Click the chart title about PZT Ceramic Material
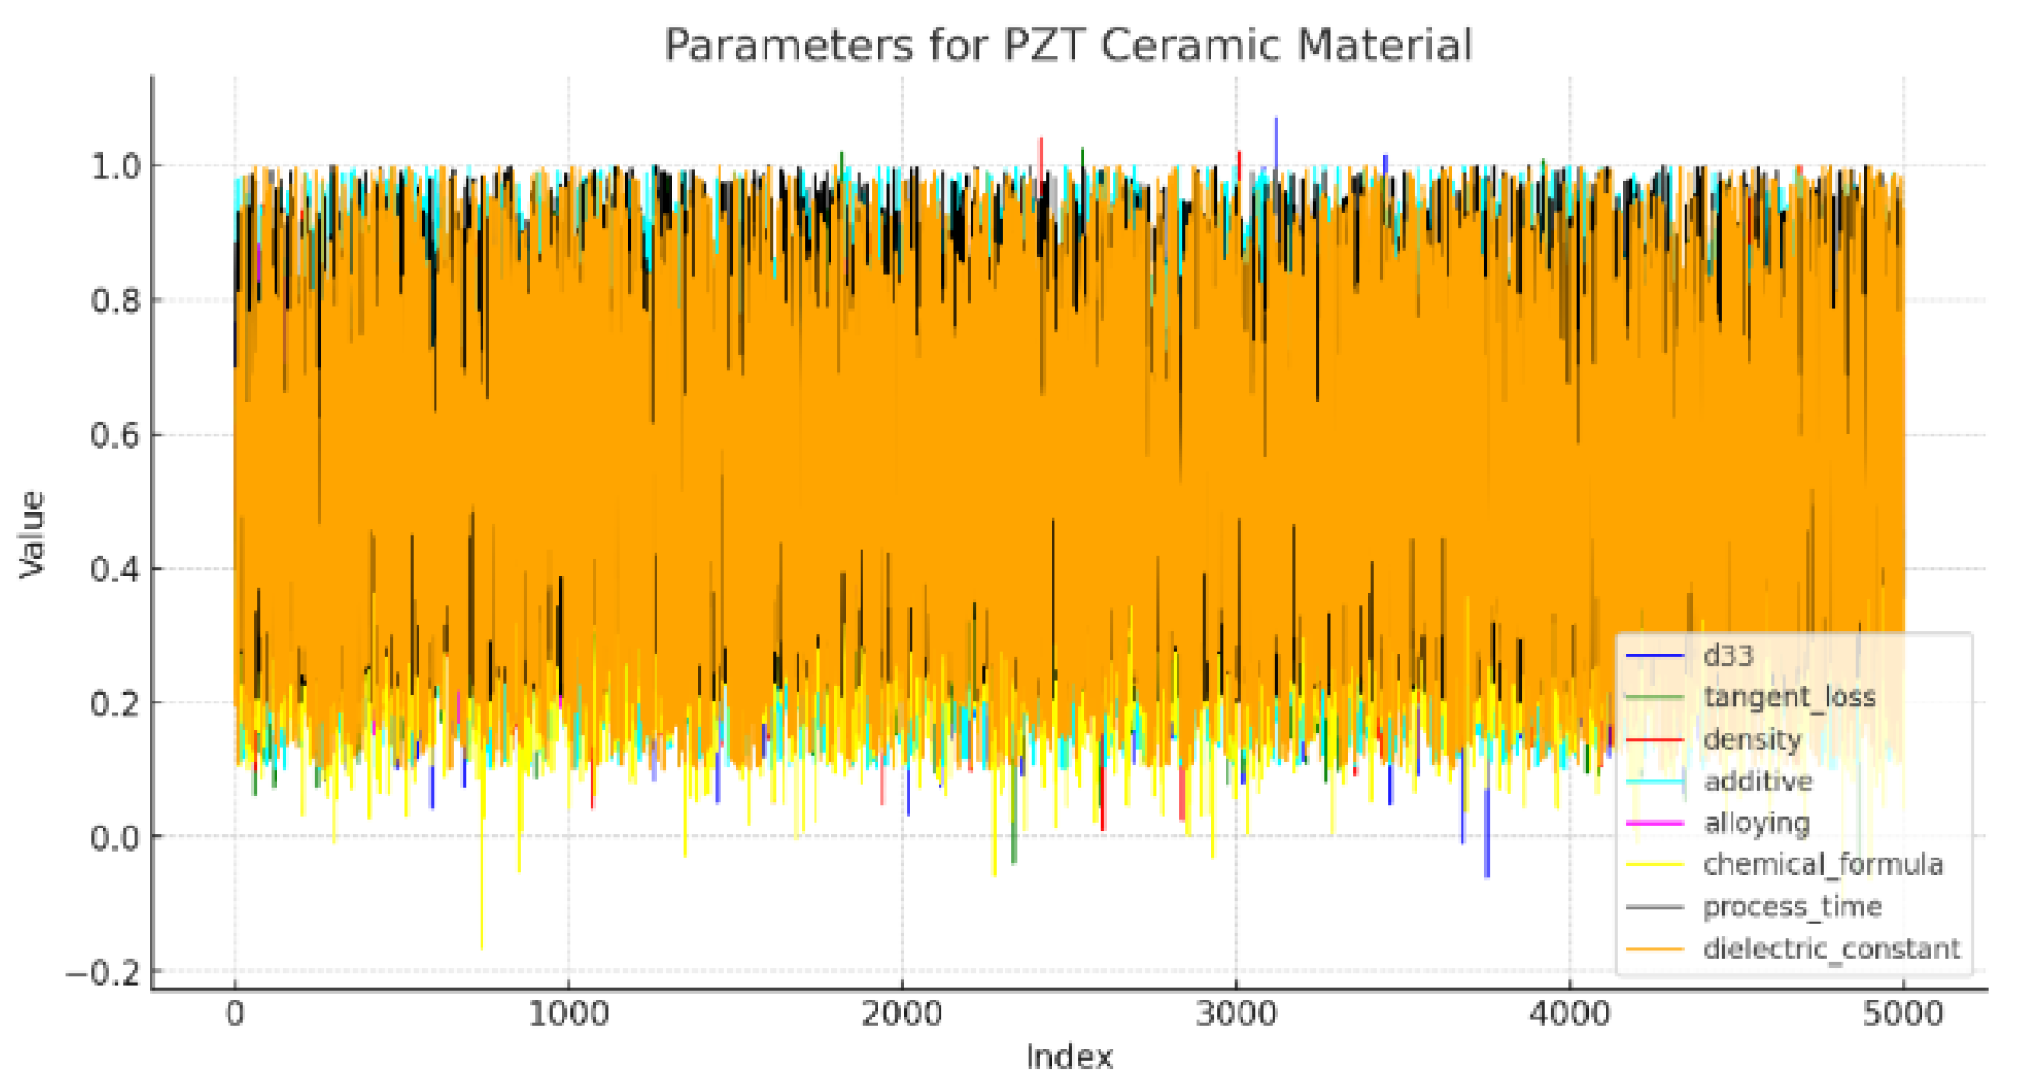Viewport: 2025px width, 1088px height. point(1068,45)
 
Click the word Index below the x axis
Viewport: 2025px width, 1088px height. point(1069,1057)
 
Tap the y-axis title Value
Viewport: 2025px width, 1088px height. point(32,533)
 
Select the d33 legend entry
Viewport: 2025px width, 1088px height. point(1728,655)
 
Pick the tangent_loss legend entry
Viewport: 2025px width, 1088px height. point(1789,697)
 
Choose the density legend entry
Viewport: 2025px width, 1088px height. point(1751,739)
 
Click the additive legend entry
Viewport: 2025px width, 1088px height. point(1757,781)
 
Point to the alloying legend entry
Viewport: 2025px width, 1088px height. point(1756,823)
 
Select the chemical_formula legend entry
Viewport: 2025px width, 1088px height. point(1822,864)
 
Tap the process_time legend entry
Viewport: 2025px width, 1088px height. point(1792,907)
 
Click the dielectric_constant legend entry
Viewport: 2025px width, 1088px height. point(1830,948)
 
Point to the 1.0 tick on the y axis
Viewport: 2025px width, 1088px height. point(114,166)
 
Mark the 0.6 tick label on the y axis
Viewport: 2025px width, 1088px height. point(114,435)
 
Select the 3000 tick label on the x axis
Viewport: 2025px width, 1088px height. point(1235,1015)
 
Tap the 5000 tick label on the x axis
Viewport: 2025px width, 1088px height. point(1902,1015)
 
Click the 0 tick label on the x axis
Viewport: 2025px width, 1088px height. point(234,1015)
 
